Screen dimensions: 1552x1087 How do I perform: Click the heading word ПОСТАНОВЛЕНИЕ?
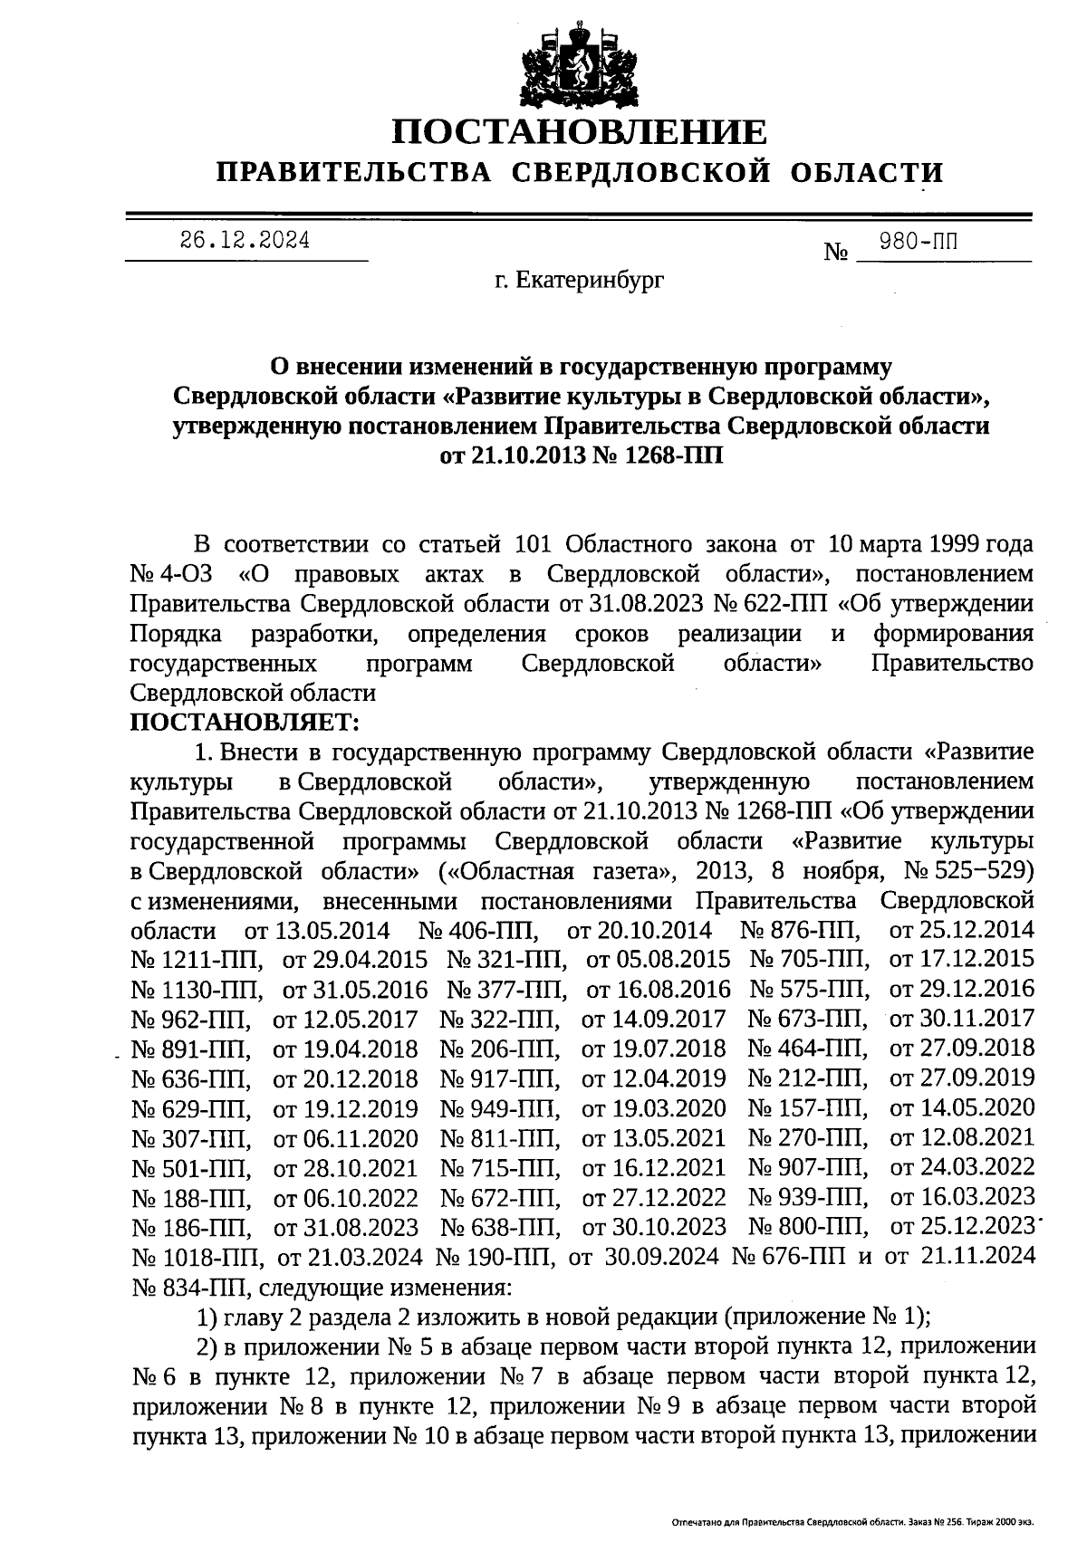point(579,134)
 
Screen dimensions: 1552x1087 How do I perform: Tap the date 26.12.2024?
point(245,241)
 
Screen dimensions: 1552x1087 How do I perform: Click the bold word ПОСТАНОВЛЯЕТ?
point(245,723)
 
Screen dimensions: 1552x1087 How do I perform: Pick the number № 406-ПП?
point(479,931)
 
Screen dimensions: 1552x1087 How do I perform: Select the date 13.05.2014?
point(318,931)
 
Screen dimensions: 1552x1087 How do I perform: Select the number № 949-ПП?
point(499,1108)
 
